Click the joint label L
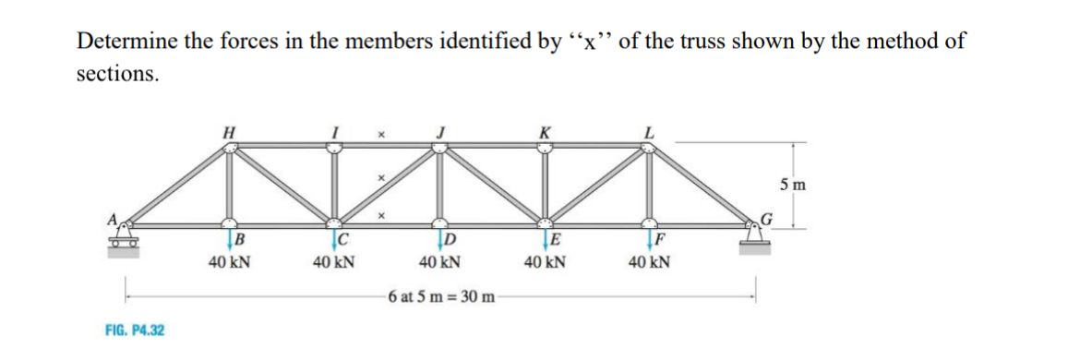(x=653, y=132)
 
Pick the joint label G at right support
(x=764, y=220)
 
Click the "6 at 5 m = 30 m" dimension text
(x=442, y=296)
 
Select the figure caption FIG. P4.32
(x=130, y=329)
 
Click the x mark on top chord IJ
(x=380, y=134)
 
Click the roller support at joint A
(x=123, y=242)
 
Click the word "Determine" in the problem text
(x=127, y=42)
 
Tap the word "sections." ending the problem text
(x=117, y=74)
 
